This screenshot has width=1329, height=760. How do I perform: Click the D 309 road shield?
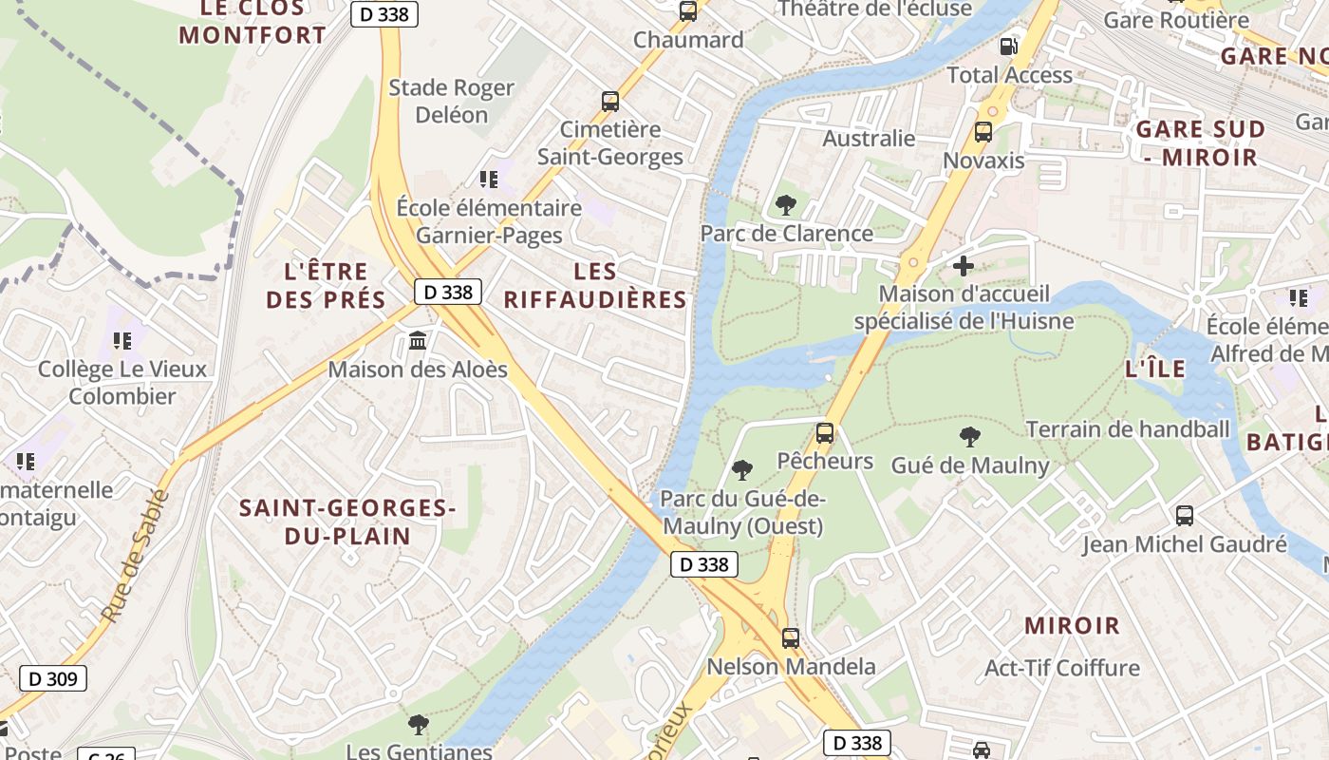pos(53,678)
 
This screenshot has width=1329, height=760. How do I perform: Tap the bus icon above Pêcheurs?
pos(825,434)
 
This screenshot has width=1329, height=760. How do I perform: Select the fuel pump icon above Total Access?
pos(1008,46)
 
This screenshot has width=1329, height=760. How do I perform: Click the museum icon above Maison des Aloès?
pos(418,340)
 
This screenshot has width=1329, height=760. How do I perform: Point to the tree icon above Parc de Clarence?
pos(785,204)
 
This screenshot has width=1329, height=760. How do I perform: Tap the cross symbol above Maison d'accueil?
pos(964,266)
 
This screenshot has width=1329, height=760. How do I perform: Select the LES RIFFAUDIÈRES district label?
pos(594,286)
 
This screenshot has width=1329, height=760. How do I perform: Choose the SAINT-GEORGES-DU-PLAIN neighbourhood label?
pos(347,522)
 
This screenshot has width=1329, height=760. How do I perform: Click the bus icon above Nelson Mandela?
pos(790,638)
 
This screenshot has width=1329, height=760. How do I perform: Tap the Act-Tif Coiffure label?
pos(1062,668)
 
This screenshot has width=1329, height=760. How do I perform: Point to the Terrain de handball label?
pos(1128,429)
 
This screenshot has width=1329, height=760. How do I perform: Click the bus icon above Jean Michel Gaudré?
pos(1185,516)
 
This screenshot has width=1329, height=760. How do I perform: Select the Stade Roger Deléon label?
pos(452,101)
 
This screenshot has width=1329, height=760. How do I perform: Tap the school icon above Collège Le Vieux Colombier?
pos(122,340)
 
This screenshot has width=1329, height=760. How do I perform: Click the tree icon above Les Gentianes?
pos(418,725)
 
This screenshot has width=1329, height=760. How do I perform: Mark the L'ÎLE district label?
pos(1154,370)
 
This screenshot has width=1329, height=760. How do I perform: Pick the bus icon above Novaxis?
pos(983,132)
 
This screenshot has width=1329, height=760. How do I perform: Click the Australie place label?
pos(869,139)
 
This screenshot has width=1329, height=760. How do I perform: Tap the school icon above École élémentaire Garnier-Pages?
pos(489,179)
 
